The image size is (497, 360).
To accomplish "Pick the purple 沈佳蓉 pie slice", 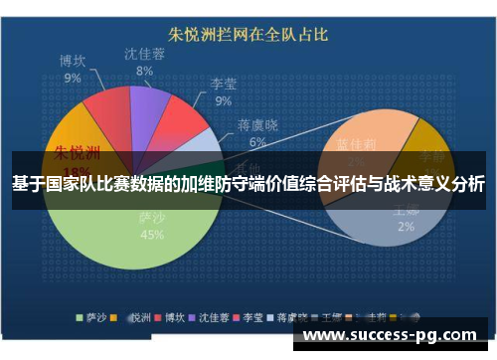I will tap(148, 102).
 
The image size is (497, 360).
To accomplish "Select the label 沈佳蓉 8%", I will tap(144, 62).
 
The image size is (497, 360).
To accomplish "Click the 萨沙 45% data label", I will tap(151, 228).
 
